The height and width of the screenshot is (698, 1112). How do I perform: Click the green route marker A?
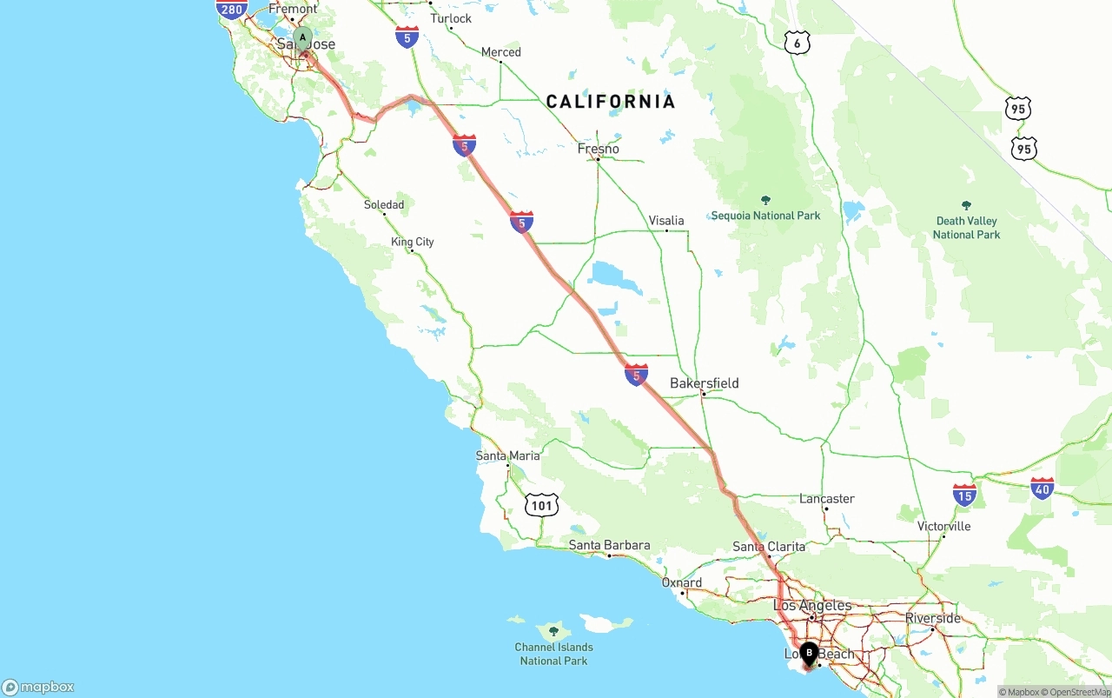coord(302,38)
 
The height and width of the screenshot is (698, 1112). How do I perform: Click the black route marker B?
coord(809,653)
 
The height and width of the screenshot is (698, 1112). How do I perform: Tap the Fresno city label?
coord(599,149)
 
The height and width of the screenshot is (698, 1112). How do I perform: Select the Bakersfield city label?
coord(704,382)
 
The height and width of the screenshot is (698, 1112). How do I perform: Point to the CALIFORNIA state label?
coord(610,102)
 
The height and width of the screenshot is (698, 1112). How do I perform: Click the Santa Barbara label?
coord(609,545)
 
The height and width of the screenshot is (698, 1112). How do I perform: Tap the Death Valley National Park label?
coord(966,228)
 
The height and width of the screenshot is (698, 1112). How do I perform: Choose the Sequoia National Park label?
coord(765,215)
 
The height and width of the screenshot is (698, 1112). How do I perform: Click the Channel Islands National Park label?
coord(553,654)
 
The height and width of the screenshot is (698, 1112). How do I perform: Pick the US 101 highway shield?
coord(541,504)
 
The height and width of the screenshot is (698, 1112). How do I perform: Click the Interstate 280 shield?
coord(232,10)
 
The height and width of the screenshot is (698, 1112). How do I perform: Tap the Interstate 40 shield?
coord(1042,489)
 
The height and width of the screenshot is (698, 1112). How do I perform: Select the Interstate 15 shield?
coord(964,495)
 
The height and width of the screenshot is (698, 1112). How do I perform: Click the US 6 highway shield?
coord(798,43)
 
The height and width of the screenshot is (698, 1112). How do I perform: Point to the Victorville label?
coord(943,526)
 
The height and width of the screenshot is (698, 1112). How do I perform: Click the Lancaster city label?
coord(826,498)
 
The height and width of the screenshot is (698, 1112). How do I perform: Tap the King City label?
coord(412,242)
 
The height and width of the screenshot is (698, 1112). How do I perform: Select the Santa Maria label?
coord(507,455)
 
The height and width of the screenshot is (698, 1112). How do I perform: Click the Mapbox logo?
coord(38,687)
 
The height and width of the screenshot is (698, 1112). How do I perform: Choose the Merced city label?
coord(500,52)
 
